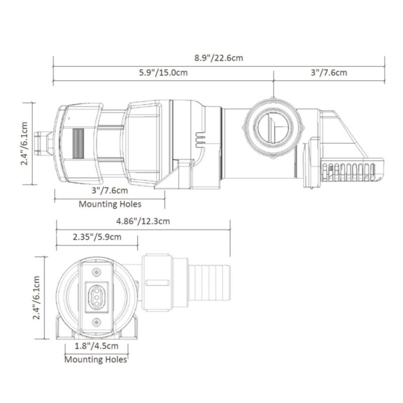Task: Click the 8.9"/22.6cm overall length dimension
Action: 219,58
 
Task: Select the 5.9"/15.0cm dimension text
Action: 163,73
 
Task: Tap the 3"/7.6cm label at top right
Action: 329,73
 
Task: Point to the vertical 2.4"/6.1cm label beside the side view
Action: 24,144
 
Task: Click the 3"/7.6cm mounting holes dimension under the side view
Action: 110,191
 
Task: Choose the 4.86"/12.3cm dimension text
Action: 143,221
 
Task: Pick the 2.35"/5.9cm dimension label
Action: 97,237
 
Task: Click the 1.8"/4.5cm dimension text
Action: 97,346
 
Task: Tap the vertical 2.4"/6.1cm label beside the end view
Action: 36,298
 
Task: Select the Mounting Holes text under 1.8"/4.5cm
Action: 96,359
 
